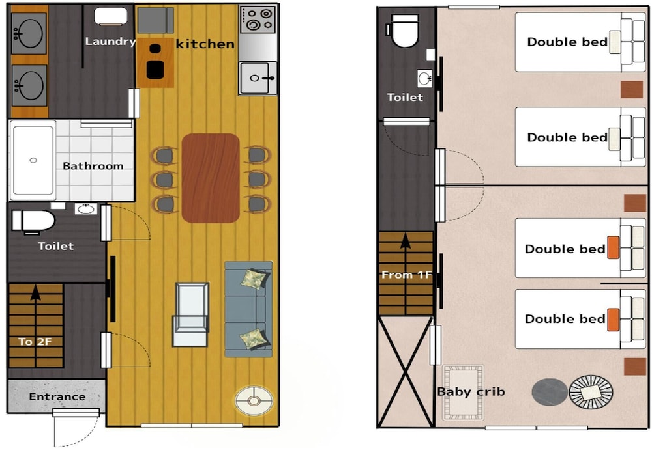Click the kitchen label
coord(205,44)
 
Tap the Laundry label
coord(111,42)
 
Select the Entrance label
coord(57,397)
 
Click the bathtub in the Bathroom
coord(33,160)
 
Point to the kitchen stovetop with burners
coord(258,20)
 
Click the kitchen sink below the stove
coord(258,78)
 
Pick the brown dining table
coord(211,178)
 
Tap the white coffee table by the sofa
coord(191,314)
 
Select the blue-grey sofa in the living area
coord(248,309)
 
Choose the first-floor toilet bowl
coord(33,221)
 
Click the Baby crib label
coord(471,392)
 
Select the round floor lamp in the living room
coord(254,401)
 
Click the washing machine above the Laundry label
coord(111,17)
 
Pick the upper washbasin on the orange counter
coord(29,33)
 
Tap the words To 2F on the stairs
coord(35,342)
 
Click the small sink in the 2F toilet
coord(425,79)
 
